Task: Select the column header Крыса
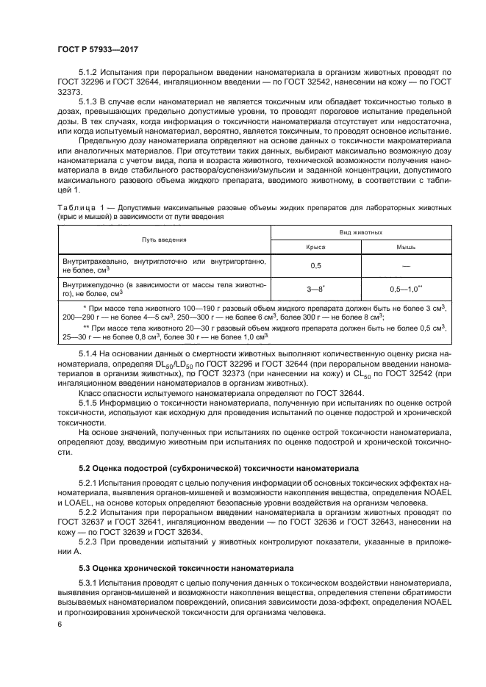[316, 248]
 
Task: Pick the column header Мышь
[406, 248]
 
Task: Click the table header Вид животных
[360, 231]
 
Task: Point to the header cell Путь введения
[164, 240]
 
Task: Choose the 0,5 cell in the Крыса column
[316, 265]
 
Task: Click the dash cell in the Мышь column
[406, 265]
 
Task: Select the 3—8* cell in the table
[316, 287]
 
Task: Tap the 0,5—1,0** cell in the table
[406, 287]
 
